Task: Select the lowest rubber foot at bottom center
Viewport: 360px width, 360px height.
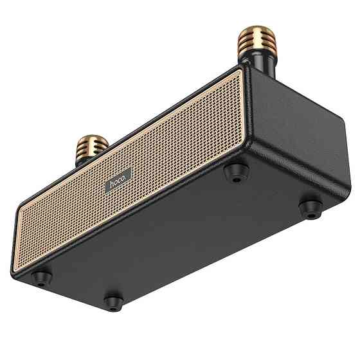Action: pos(113,300)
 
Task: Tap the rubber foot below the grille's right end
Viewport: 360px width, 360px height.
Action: pos(238,171)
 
